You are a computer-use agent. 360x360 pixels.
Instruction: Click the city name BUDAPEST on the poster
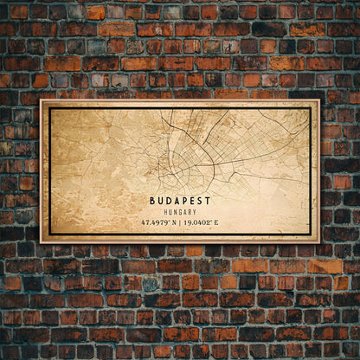(x=179, y=200)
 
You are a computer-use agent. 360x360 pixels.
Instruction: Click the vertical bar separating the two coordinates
(x=182, y=222)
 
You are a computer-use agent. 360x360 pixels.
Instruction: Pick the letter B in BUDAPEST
(x=152, y=200)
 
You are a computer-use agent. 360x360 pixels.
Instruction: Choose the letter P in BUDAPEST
(x=183, y=200)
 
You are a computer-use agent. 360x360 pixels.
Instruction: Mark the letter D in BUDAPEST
(x=168, y=200)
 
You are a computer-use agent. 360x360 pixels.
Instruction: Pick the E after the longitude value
(x=215, y=222)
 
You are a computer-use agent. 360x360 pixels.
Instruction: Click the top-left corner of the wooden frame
(x=41, y=100)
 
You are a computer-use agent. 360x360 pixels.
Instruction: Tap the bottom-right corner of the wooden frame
(x=318, y=241)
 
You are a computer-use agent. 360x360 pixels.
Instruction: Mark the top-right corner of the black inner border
(x=310, y=108)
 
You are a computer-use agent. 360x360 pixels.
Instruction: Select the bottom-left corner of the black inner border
(x=49, y=234)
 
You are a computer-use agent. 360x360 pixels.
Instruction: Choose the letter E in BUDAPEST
(x=191, y=200)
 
